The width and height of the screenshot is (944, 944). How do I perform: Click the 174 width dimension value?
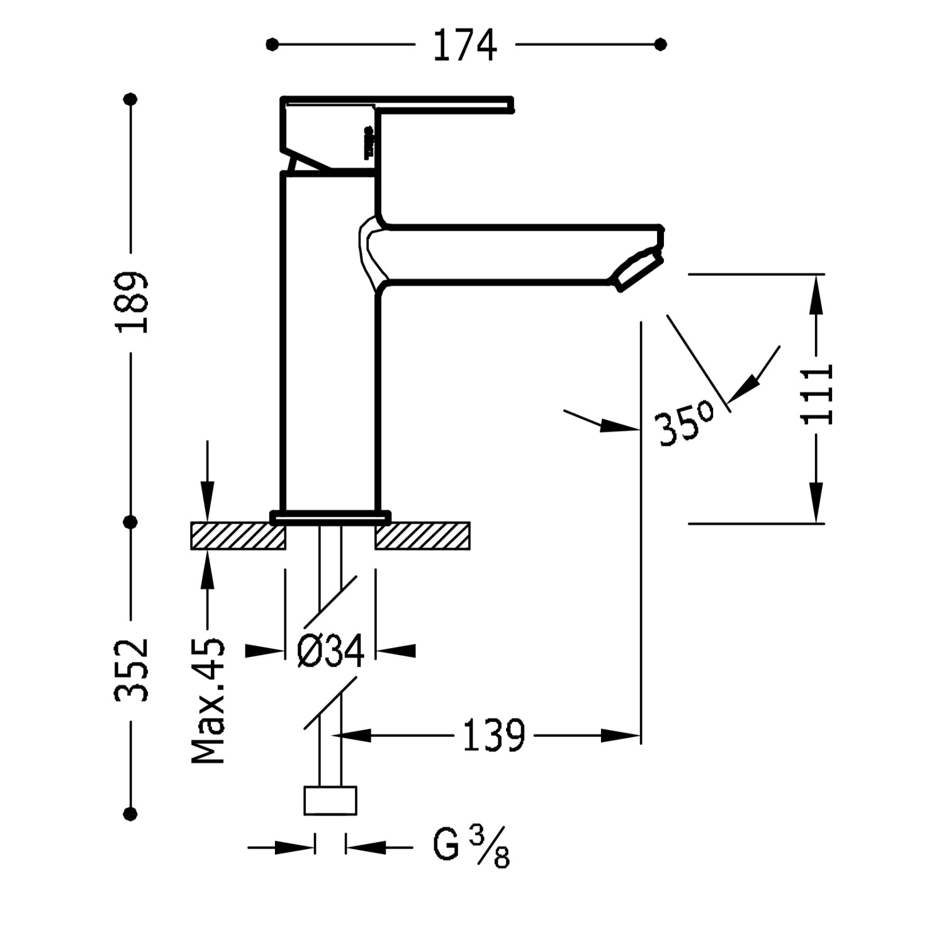pyautogui.click(x=465, y=45)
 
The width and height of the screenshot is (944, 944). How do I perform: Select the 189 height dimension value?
pyautogui.click(x=132, y=302)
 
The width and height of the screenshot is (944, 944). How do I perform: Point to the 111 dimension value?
pyautogui.click(x=818, y=394)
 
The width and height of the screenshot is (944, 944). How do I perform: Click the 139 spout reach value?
pyautogui.click(x=494, y=735)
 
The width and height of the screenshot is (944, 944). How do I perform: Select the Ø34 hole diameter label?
pyautogui.click(x=331, y=651)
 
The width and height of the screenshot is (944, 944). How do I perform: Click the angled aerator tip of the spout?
pyautogui.click(x=638, y=269)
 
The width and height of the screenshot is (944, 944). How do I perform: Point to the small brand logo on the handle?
pyautogui.click(x=369, y=142)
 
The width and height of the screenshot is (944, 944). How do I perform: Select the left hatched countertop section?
pyautogui.click(x=238, y=536)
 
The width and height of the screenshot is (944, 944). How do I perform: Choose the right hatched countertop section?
pyautogui.click(x=423, y=536)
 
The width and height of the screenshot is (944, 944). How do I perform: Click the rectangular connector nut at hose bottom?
pyautogui.click(x=330, y=801)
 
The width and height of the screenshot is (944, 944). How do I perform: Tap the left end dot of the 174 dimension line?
pyautogui.click(x=272, y=45)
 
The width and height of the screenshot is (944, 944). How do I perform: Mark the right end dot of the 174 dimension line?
pyautogui.click(x=660, y=45)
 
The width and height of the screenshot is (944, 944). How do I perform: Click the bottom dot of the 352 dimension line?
pyautogui.click(x=131, y=813)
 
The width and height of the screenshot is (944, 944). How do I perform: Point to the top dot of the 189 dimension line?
pyautogui.click(x=131, y=99)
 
